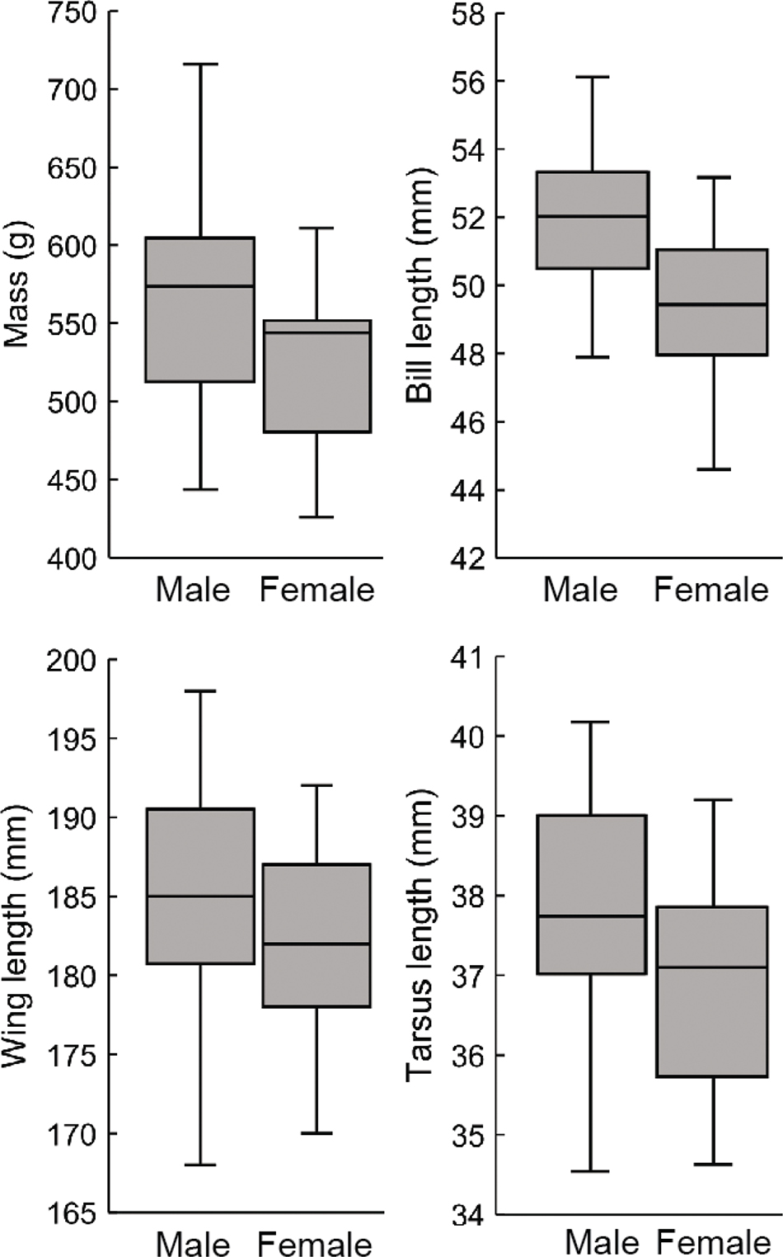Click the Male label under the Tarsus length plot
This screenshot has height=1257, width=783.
(x=602, y=1243)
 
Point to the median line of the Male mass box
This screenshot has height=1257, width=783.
(x=199, y=286)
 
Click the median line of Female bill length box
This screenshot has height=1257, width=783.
(x=712, y=304)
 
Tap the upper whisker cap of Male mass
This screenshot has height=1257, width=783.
(x=199, y=64)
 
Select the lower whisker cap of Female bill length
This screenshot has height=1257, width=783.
(x=712, y=469)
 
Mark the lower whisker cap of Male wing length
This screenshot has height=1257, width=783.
(x=199, y=1165)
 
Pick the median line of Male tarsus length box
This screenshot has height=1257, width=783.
(x=591, y=916)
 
